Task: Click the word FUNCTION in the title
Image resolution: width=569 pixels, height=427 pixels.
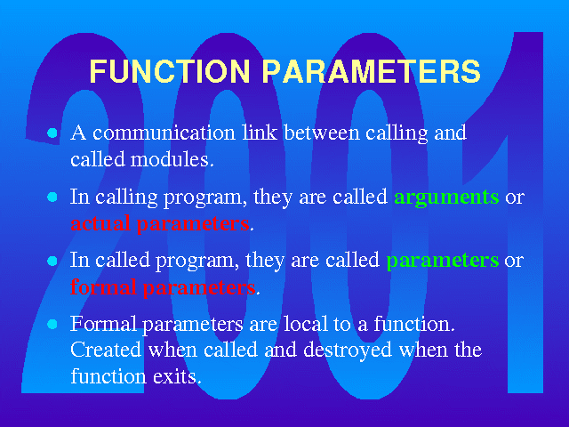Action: click(x=170, y=70)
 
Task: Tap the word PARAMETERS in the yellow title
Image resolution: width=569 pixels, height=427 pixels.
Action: click(x=372, y=70)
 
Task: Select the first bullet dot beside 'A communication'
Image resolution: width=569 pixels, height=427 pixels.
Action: click(x=52, y=133)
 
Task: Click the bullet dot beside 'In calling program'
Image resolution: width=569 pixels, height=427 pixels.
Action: click(x=52, y=197)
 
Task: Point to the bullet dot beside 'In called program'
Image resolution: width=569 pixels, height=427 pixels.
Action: click(x=52, y=261)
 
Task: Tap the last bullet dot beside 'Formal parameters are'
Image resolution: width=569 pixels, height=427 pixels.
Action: click(x=52, y=324)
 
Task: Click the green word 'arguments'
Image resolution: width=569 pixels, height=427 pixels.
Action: click(x=446, y=198)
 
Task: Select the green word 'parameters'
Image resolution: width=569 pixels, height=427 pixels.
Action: click(x=443, y=262)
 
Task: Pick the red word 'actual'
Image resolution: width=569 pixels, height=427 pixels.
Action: click(x=100, y=223)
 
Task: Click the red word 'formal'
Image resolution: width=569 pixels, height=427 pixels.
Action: click(x=103, y=286)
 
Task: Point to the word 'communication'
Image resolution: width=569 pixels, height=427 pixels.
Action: click(x=164, y=133)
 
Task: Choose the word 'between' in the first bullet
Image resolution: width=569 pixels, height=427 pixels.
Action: click(x=322, y=133)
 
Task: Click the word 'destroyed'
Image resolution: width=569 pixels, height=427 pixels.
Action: click(x=348, y=350)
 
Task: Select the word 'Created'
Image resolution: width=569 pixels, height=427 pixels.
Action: click(x=106, y=350)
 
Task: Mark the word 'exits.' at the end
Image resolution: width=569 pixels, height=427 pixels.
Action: click(x=177, y=376)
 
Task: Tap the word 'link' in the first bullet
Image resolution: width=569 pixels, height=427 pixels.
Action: click(x=260, y=133)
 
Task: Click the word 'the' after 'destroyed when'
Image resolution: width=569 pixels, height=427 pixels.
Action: click(x=469, y=350)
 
